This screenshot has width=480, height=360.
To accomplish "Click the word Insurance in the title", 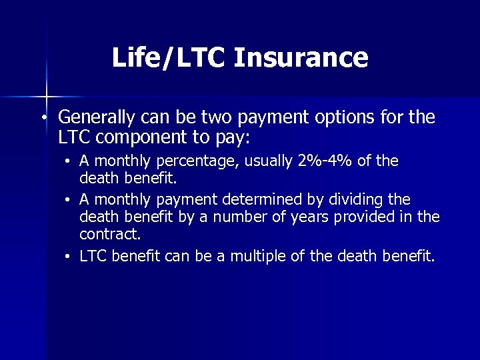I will point(301,57).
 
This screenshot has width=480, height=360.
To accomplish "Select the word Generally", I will point(97,119).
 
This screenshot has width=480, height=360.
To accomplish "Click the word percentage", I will point(187,161).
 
